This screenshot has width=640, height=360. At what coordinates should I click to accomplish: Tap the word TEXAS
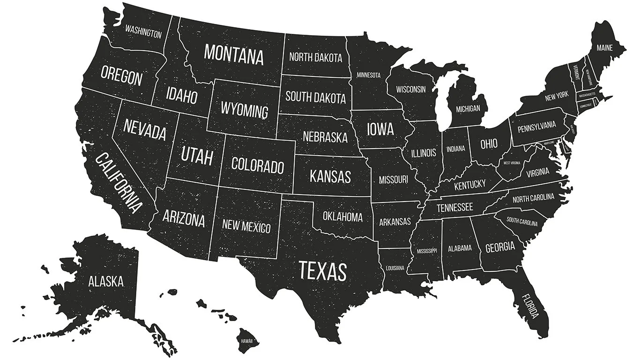click(323, 271)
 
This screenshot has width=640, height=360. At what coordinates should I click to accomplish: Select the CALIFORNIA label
click(118, 182)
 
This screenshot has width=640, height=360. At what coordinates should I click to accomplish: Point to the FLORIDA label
click(530, 305)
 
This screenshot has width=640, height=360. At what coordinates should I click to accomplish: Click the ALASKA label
click(106, 281)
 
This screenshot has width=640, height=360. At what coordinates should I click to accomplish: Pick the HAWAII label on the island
click(246, 341)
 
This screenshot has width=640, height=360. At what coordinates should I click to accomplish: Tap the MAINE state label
click(604, 48)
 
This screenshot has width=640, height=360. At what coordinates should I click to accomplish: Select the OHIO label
click(489, 143)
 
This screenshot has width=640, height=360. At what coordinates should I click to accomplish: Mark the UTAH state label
click(197, 156)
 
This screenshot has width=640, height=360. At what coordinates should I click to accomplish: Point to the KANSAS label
click(330, 177)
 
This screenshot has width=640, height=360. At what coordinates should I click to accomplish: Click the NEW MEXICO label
click(246, 226)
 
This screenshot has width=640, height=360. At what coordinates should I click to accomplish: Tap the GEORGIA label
click(500, 247)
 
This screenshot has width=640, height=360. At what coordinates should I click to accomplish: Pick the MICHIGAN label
click(468, 109)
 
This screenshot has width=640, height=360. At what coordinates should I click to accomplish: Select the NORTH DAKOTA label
click(315, 58)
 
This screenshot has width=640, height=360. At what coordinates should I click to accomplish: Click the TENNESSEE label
click(454, 207)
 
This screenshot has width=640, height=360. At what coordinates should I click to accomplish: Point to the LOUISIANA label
click(395, 268)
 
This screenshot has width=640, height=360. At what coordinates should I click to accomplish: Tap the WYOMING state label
click(244, 111)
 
